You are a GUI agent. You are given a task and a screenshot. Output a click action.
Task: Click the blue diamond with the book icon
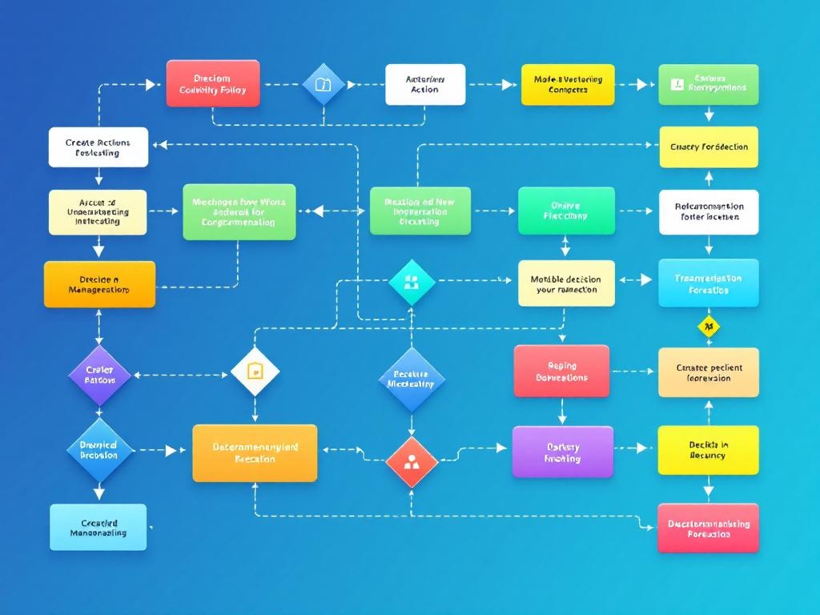coord(323,84)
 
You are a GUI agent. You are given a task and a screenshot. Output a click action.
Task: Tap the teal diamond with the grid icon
coord(412,281)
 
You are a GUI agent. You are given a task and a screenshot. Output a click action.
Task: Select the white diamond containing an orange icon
coord(255,371)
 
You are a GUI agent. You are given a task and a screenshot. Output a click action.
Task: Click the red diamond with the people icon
coord(412,461)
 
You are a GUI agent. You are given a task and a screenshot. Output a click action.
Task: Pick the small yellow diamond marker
coord(708,327)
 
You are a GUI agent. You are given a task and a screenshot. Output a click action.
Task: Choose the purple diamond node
coord(99,374)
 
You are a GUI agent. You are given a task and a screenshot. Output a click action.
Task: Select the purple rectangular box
coord(562,452)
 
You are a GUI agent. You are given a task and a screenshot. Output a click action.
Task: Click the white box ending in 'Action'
coord(424,84)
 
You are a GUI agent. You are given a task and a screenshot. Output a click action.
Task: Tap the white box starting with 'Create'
coord(98,147)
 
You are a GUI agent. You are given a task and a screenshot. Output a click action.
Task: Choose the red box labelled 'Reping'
coord(561,371)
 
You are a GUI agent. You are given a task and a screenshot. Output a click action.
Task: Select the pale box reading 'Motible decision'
coord(565,283)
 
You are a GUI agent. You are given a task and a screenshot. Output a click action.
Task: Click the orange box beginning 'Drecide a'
coord(99,284)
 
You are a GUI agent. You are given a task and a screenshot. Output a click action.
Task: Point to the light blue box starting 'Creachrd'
coord(98,527)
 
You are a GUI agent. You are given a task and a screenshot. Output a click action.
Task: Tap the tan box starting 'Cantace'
coord(708,372)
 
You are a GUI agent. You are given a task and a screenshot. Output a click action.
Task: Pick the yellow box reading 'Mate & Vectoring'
coord(567,84)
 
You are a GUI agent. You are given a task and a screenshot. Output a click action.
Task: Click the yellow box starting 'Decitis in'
coord(708,450)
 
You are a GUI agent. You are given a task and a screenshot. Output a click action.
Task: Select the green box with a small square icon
coord(708,84)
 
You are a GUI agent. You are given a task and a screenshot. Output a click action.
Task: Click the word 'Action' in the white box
coord(424,90)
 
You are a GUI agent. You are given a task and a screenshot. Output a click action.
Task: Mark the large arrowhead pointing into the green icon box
coord(641,84)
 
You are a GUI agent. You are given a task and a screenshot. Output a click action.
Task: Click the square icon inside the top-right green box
coord(674,83)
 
